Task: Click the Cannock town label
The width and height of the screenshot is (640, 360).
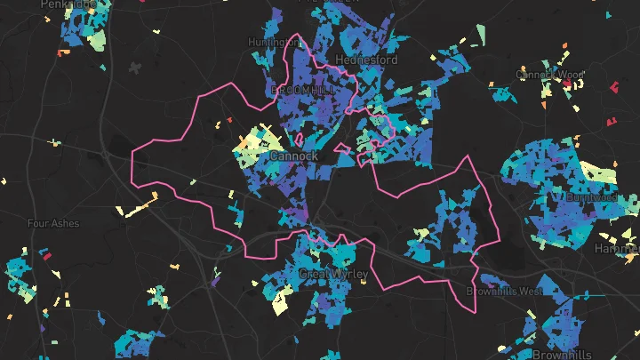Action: coord(293,156)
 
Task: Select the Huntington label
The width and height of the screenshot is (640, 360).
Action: coord(273,42)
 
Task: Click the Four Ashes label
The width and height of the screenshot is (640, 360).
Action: coord(53,223)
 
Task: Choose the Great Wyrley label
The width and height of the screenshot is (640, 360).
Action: coord(332,274)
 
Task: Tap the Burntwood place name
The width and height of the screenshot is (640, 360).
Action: coord(591,196)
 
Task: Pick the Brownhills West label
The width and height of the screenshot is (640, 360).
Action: coord(504,292)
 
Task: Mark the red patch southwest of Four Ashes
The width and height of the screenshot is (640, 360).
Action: coord(49,255)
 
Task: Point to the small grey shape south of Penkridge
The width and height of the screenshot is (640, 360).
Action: coord(136,68)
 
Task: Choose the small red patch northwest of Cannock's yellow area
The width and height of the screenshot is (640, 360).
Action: coord(228,121)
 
